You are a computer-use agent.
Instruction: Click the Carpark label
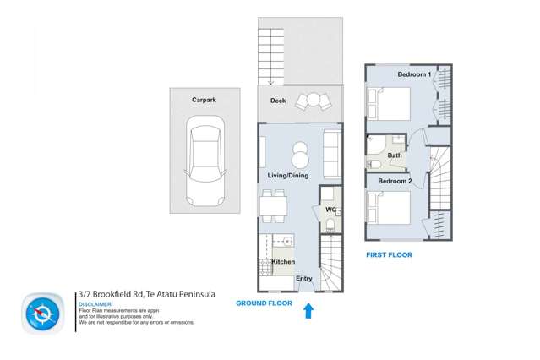pos(204,100)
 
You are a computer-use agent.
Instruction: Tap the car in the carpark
pos(205,163)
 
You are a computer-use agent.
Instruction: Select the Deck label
pos(277,101)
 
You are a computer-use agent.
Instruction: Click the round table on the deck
pos(314,100)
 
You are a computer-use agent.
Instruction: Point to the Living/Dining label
pos(288,176)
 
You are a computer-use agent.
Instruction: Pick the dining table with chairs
pos(273,204)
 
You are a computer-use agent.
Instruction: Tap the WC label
pos(330,209)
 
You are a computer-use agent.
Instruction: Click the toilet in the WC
pos(330,224)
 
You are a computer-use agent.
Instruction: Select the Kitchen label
pos(283,263)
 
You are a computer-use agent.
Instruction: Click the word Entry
pos(304,279)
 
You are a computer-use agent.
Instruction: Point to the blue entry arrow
pos(308,311)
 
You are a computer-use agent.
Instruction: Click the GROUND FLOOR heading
pos(264,303)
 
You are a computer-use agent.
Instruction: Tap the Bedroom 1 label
pos(414,74)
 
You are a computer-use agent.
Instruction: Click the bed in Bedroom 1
pos(388,106)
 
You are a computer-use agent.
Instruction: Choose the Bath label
pos(395,155)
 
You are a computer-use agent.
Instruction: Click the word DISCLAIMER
pos(94,304)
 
